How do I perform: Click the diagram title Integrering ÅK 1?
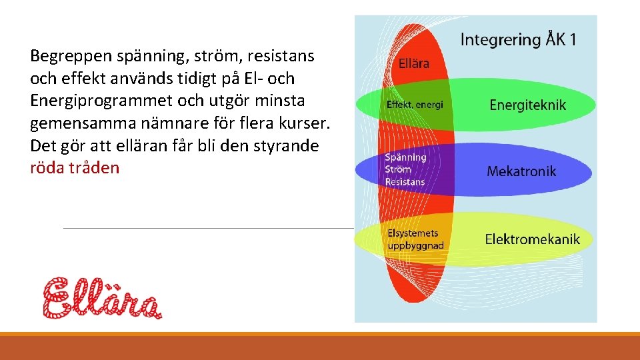pyautogui.click(x=519, y=39)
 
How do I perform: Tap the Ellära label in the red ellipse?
pyautogui.click(x=413, y=64)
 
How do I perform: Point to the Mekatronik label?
pyautogui.click(x=521, y=171)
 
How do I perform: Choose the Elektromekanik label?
pyautogui.click(x=532, y=239)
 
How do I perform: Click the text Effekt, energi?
pyautogui.click(x=415, y=105)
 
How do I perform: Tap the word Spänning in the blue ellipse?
pyautogui.click(x=405, y=157)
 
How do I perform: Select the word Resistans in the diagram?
pyautogui.click(x=405, y=182)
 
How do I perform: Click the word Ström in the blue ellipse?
pyautogui.click(x=398, y=169)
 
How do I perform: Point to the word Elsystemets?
pyautogui.click(x=413, y=233)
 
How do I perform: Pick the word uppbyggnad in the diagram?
pyautogui.click(x=415, y=245)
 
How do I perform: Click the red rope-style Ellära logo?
pyautogui.click(x=102, y=297)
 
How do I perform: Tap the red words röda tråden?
pyautogui.click(x=75, y=168)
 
